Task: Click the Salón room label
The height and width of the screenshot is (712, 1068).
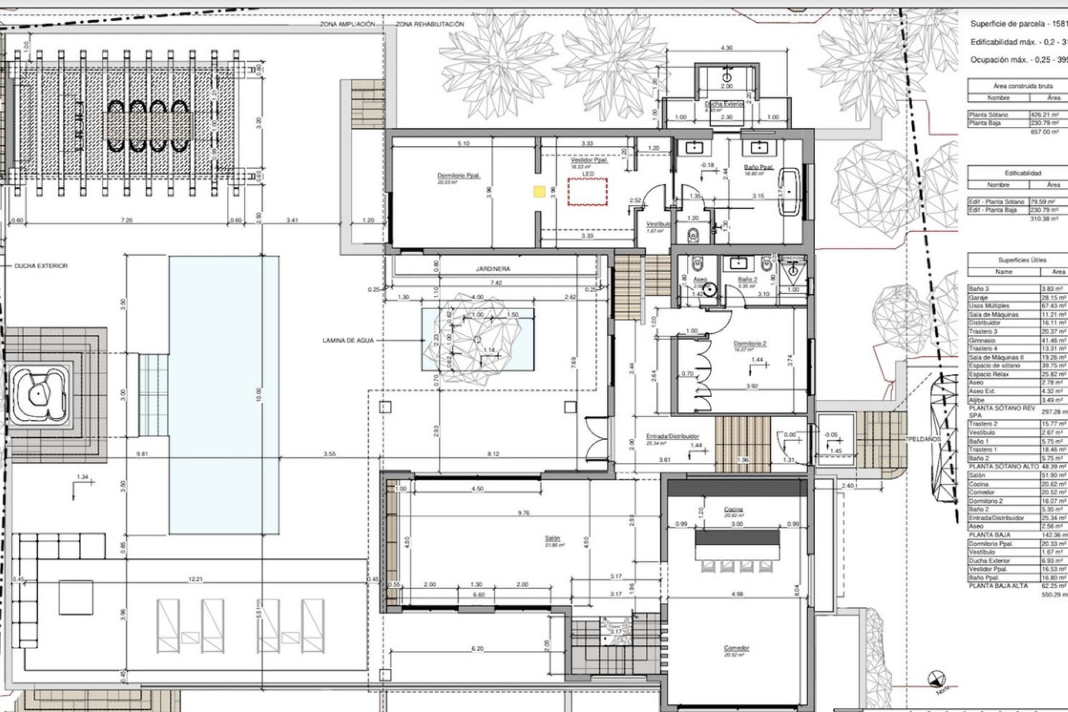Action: pos(552,538)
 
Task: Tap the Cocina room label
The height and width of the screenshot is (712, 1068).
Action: pos(734,510)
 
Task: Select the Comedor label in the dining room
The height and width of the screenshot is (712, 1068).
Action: pos(736,649)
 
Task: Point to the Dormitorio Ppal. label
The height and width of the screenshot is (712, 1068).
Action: pos(454,176)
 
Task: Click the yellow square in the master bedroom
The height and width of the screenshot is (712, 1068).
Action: pos(538,191)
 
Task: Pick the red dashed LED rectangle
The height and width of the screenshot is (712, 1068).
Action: pos(587,192)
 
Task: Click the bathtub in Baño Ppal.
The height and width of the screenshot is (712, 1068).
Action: pos(790,192)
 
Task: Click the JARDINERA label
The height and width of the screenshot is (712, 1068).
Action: pos(492,269)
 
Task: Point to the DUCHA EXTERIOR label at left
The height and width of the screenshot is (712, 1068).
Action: pos(41,266)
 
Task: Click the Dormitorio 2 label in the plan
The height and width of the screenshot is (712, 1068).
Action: pos(749,344)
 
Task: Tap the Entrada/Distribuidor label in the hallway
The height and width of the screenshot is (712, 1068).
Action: pos(672,437)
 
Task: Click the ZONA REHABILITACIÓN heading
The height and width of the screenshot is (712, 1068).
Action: pos(429,24)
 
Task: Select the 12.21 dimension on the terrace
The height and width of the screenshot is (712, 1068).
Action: pos(195,580)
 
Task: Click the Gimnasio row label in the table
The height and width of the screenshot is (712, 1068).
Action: pos(982,340)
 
